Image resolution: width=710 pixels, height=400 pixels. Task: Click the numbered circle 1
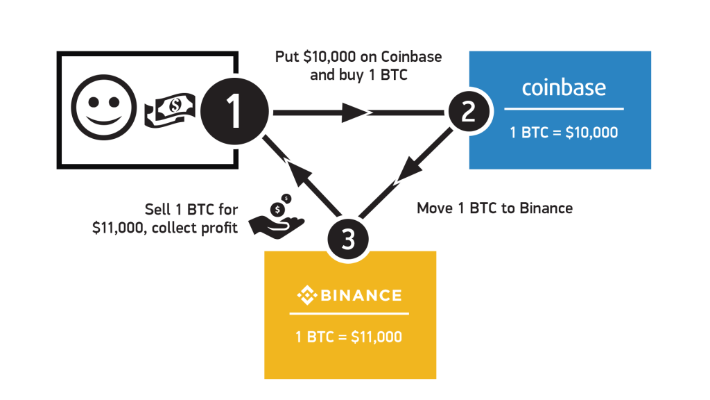pyautogui.click(x=235, y=112)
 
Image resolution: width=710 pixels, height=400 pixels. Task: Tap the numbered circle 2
pyautogui.click(x=469, y=112)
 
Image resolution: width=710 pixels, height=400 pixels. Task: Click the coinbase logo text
pyautogui.click(x=563, y=88)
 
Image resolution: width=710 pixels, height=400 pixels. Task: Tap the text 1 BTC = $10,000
pyautogui.click(x=563, y=132)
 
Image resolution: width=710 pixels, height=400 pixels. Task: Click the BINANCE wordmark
pyautogui.click(x=361, y=296)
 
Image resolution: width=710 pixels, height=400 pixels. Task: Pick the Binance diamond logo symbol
pyautogui.click(x=307, y=296)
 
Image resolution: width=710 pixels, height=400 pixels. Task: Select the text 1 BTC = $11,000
pyautogui.click(x=349, y=337)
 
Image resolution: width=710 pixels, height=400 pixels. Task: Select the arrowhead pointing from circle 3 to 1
pyautogui.click(x=296, y=169)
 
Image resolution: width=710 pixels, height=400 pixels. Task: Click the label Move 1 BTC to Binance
pyautogui.click(x=494, y=208)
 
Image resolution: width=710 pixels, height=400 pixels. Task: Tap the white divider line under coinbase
pyautogui.click(x=563, y=109)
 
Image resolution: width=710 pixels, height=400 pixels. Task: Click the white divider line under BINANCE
pyautogui.click(x=349, y=315)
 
